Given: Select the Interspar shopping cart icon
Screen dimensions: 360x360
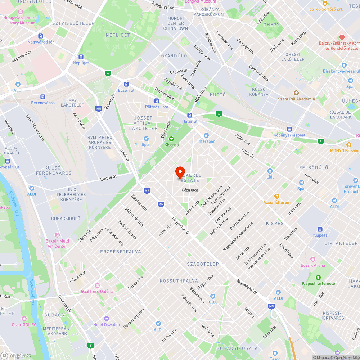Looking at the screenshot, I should point(206,135).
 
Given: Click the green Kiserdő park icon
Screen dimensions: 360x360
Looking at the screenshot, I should point(171,139).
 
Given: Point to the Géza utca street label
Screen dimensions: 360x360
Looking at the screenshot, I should point(190,190).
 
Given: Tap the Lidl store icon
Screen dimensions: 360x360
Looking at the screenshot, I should point(270,171).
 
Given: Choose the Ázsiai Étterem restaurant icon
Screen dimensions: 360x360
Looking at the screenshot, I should point(276,196).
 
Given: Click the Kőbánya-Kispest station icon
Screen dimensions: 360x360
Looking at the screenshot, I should point(289,129).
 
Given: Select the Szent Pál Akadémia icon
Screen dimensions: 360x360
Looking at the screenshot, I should point(296,93).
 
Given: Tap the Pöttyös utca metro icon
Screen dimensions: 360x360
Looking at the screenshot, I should point(157,101).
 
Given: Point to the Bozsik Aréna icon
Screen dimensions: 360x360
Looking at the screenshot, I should point(312,259).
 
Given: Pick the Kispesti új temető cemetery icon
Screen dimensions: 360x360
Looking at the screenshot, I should point(318,277).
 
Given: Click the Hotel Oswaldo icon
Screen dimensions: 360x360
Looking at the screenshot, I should point(106,319).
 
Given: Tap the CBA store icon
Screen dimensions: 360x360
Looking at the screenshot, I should point(213,296).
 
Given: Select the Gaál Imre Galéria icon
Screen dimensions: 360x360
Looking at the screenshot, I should point(97,285).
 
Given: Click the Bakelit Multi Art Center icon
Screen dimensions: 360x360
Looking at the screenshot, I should point(57,235).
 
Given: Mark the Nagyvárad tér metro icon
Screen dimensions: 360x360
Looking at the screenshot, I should point(41,36).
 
